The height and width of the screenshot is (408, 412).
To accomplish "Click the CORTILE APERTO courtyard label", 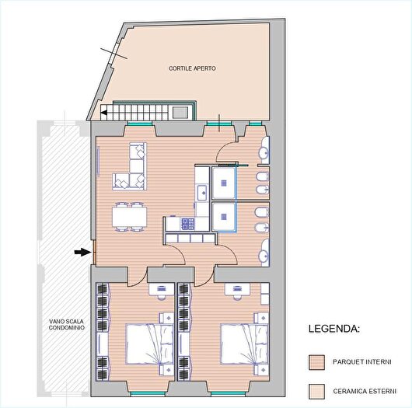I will point(192,68).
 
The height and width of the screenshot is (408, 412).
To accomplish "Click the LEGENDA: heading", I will point(333,329).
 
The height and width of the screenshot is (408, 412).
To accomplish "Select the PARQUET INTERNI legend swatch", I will point(316,361).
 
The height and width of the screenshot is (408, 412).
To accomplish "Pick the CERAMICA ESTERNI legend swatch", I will point(316,390).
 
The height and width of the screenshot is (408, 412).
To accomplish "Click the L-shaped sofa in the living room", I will point(132,167).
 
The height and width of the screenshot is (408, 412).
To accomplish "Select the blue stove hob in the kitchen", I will point(188,224).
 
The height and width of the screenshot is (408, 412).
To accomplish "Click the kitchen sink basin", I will point(202,190).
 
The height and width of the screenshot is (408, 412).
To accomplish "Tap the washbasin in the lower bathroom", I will point(264,252).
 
